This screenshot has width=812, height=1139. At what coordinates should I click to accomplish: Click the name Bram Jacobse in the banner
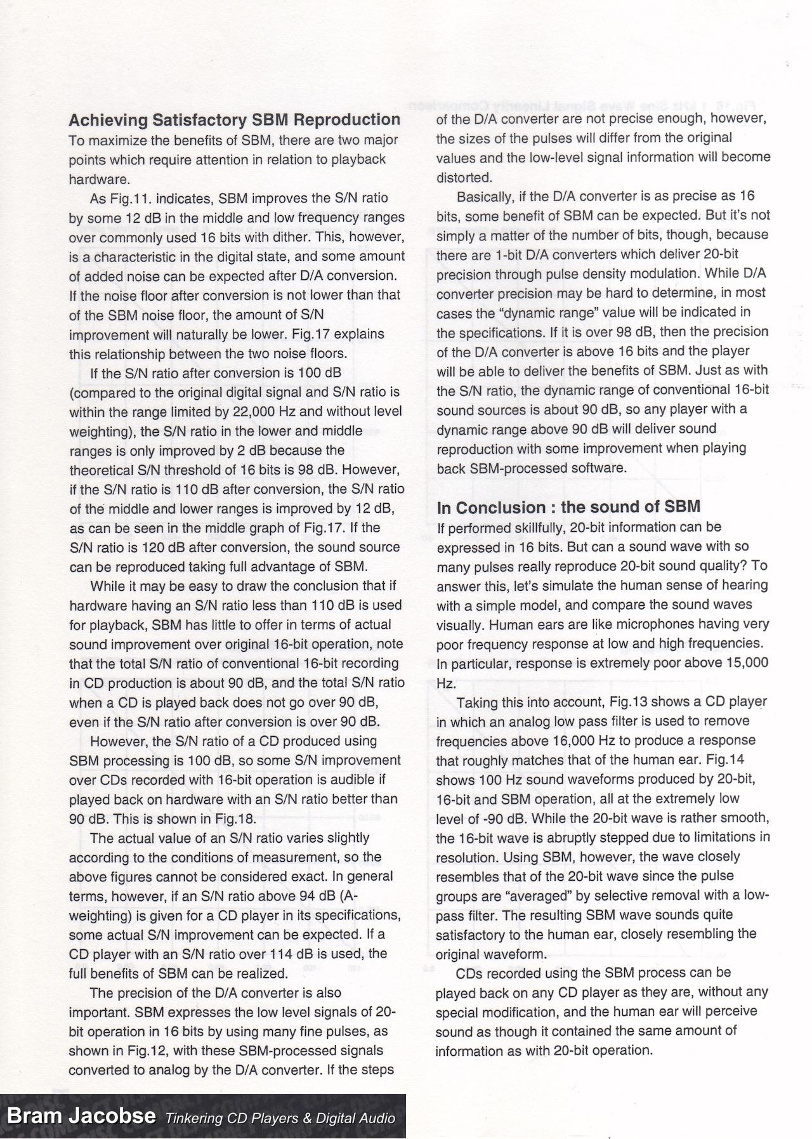tap(81, 1116)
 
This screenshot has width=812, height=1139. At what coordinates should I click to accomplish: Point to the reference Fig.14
tap(726, 760)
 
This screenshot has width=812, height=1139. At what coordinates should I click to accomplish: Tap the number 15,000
tap(742, 662)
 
